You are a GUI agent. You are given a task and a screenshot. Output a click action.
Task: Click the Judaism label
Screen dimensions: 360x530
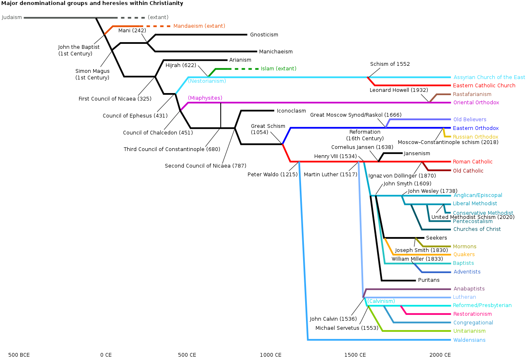click(12, 17)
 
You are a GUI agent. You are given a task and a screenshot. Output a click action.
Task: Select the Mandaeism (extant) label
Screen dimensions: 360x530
click(199, 26)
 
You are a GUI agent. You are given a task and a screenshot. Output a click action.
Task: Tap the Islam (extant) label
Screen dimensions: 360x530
click(278, 69)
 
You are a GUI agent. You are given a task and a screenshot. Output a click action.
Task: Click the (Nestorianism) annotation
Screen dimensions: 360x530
click(207, 81)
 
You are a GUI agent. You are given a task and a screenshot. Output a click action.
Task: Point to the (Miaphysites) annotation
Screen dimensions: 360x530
click(205, 98)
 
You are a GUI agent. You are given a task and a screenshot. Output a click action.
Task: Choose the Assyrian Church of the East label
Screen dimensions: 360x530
click(489, 77)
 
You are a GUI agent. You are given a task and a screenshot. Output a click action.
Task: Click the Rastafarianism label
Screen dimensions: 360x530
click(472, 94)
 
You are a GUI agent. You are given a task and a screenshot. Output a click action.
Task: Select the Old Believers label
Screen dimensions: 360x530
click(470, 120)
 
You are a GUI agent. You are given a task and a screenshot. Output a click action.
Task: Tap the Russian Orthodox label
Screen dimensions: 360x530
click(475, 137)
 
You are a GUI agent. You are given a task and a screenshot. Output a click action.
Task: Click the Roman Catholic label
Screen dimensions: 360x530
click(472, 162)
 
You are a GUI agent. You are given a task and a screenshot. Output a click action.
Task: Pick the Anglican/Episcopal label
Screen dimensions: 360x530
click(477, 195)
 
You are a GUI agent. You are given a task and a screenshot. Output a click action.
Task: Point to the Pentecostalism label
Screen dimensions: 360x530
click(472, 221)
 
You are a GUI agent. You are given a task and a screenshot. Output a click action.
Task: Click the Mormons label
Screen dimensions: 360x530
click(465, 247)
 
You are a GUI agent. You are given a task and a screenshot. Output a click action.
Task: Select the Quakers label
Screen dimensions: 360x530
click(464, 254)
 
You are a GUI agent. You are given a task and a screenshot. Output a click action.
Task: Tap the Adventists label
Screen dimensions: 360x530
click(467, 272)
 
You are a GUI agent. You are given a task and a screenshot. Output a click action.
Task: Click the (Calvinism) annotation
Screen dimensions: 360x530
click(381, 301)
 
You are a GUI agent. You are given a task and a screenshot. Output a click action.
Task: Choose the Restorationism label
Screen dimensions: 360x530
click(472, 314)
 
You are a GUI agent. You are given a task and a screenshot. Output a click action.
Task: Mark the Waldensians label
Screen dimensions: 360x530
click(469, 340)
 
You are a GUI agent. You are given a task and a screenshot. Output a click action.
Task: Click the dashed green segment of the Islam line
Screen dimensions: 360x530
click(246, 69)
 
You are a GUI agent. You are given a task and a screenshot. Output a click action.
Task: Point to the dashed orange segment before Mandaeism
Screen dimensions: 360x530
click(158, 26)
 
